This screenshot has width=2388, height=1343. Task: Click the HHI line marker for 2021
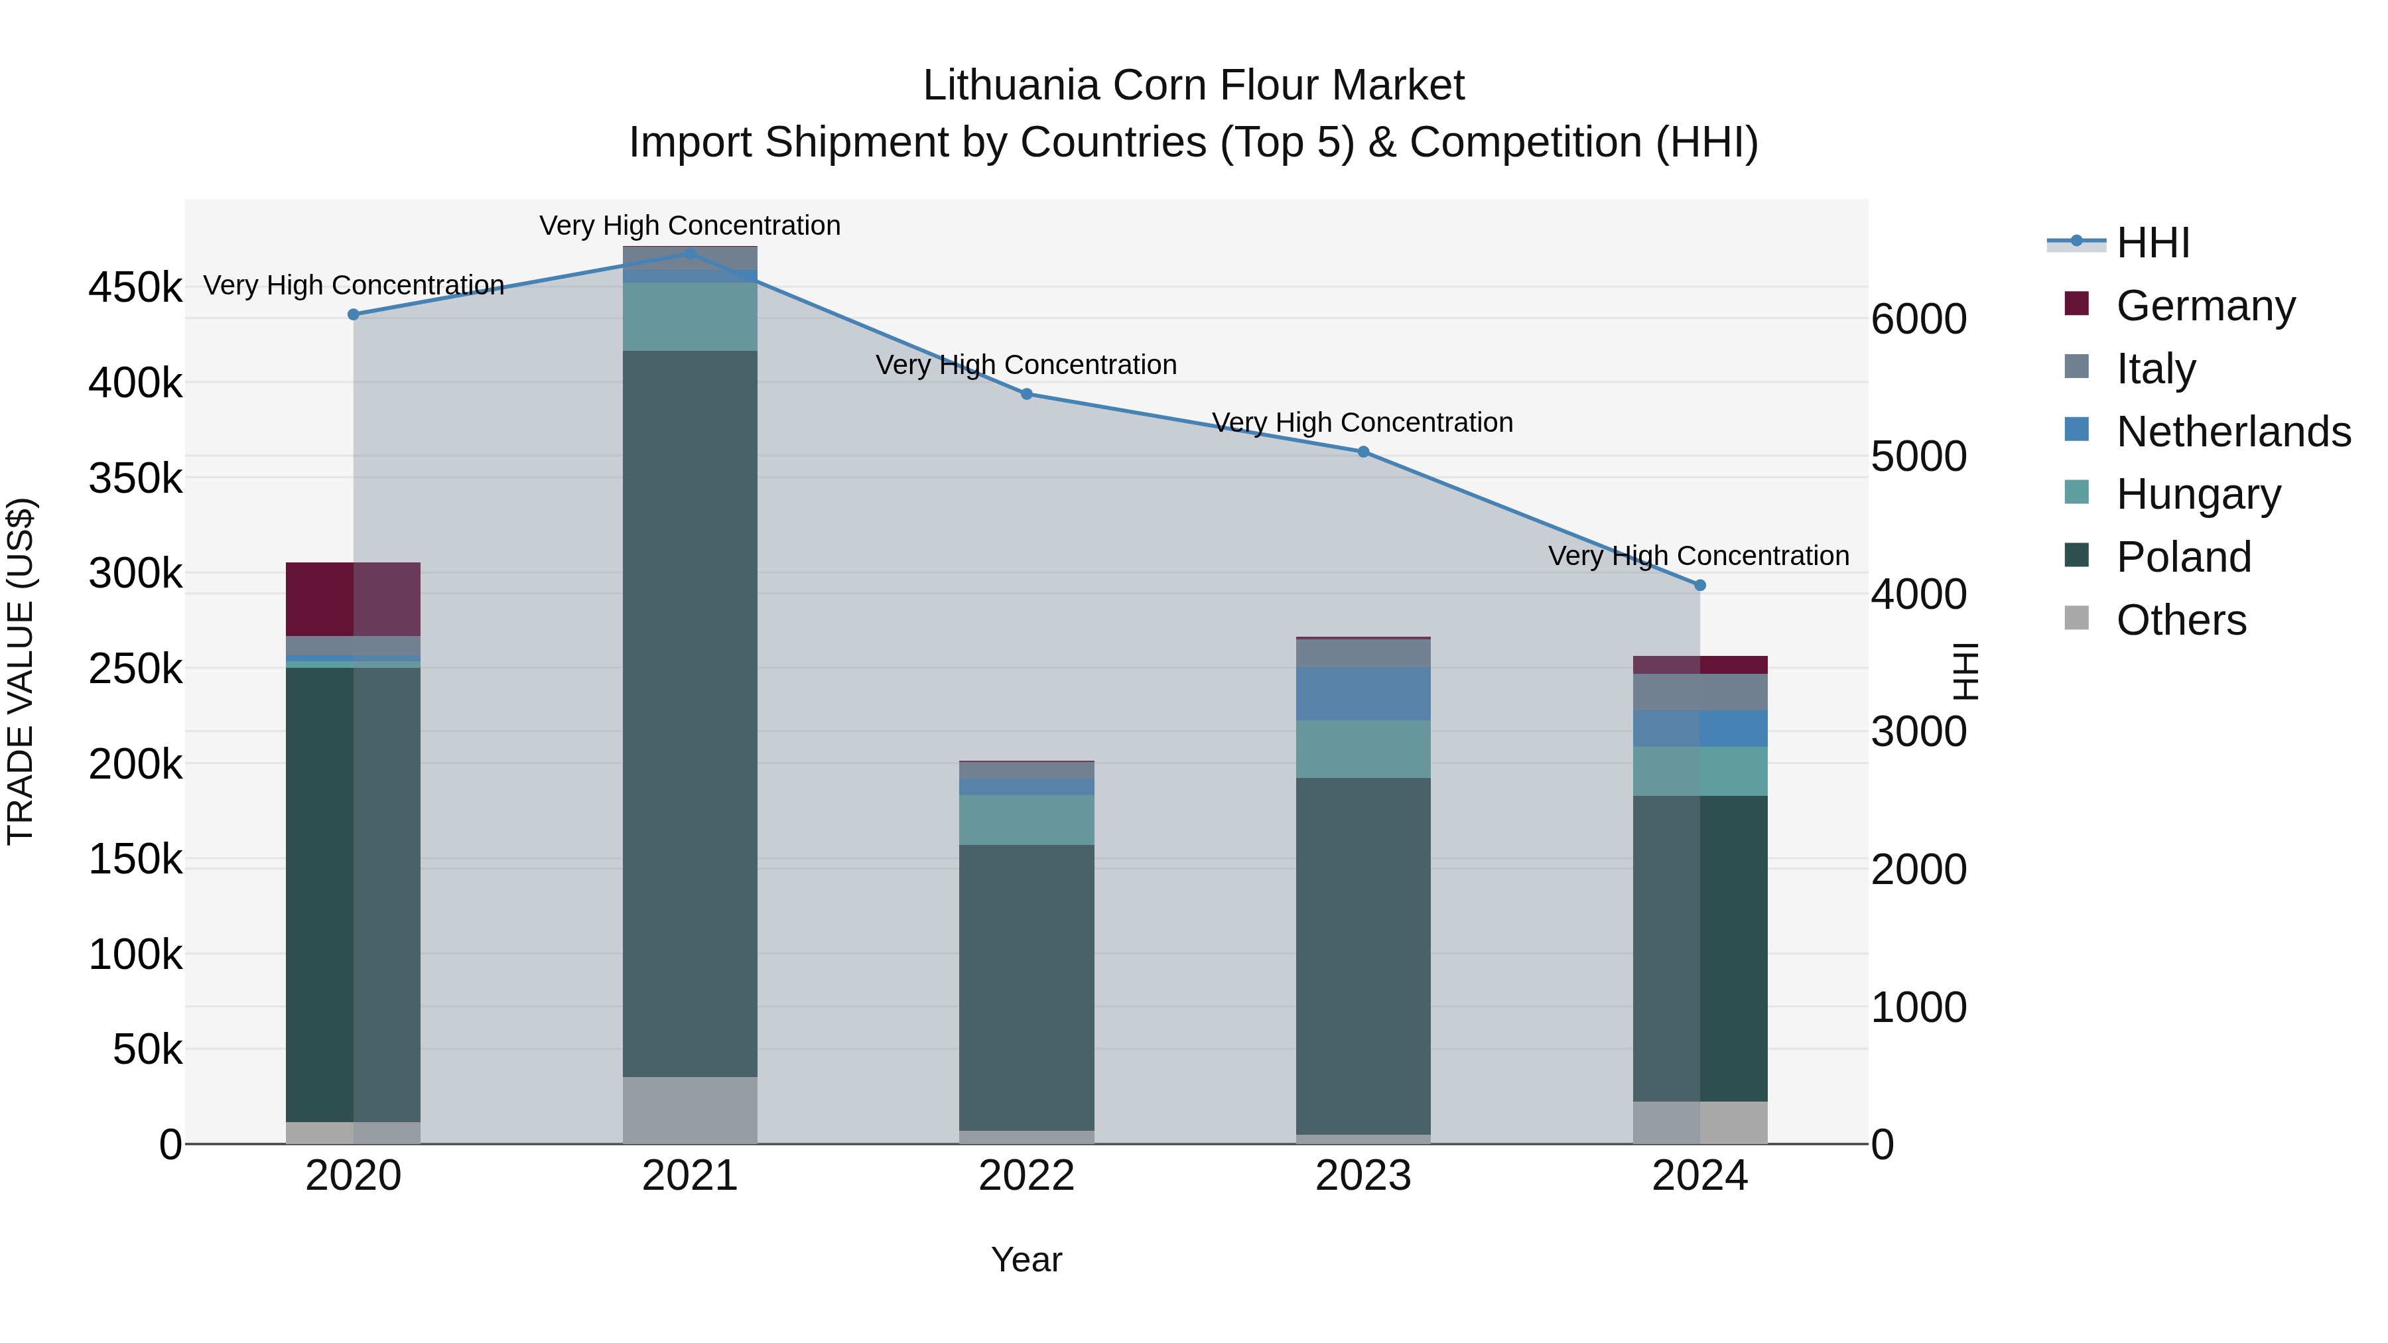690,253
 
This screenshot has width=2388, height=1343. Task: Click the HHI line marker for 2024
1699,585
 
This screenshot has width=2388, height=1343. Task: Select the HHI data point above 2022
1026,394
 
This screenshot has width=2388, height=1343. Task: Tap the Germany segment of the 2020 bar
352,599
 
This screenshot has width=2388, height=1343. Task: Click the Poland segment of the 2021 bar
690,714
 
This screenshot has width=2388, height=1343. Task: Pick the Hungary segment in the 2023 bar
1362,749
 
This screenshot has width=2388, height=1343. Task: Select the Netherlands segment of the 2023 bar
1362,693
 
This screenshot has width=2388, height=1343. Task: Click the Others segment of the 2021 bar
690,1110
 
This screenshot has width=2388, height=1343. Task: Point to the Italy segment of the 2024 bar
1699,692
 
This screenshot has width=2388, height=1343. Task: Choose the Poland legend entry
2183,557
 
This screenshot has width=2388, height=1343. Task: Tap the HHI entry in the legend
2153,243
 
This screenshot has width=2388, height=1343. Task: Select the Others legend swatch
2076,618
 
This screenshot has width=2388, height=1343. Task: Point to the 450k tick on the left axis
135,287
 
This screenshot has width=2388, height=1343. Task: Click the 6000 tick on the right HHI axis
1918,319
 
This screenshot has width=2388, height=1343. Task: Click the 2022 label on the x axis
1026,1176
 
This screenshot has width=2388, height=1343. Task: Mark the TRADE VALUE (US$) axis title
21,671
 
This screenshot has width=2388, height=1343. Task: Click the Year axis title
1026,1259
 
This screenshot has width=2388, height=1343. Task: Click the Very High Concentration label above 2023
1362,422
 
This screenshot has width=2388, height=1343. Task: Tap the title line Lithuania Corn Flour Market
1193,86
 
